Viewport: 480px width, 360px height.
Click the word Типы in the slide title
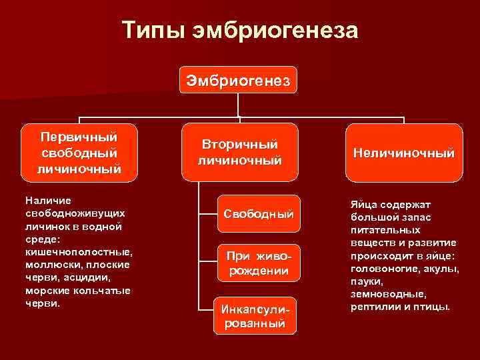[154, 31]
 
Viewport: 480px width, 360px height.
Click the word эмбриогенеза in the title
[275, 31]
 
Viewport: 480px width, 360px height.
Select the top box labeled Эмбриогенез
[237, 81]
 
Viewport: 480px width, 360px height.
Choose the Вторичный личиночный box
[240, 153]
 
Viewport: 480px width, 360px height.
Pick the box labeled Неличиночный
[404, 153]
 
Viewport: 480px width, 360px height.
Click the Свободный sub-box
[259, 215]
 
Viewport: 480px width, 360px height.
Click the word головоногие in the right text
[381, 268]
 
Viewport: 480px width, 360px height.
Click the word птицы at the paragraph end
[434, 307]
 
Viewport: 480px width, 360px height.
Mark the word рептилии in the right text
[374, 307]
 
